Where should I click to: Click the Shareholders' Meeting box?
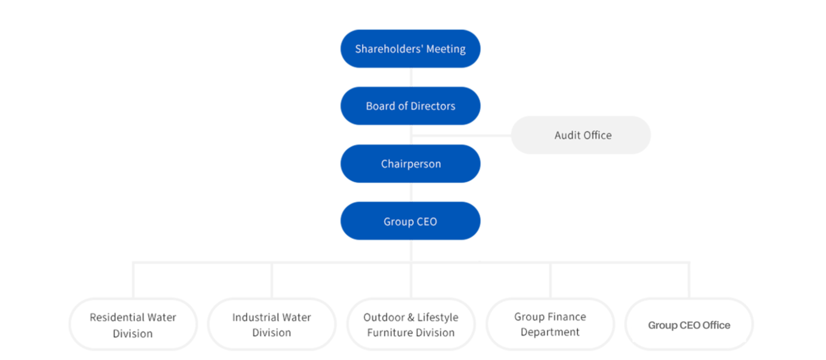pos(410,49)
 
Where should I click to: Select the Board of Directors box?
pos(410,106)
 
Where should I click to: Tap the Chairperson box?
pos(410,163)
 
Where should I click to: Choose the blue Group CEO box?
pos(410,221)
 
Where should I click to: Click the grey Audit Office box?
pos(581,135)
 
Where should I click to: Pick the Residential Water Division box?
pos(133,325)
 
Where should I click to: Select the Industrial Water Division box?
pos(271,325)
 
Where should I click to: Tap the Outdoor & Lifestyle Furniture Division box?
pos(411,325)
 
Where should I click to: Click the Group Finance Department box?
pos(550,325)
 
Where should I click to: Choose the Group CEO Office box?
pos(689,325)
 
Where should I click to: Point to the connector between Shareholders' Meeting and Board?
pos(411,77)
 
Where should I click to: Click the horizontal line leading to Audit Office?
pos(461,135)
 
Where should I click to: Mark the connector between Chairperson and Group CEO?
pos(411,192)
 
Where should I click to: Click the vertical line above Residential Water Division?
pos(133,280)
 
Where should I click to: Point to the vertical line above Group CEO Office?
pos(689,280)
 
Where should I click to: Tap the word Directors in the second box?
pos(433,106)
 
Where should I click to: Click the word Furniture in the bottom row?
pos(390,332)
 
